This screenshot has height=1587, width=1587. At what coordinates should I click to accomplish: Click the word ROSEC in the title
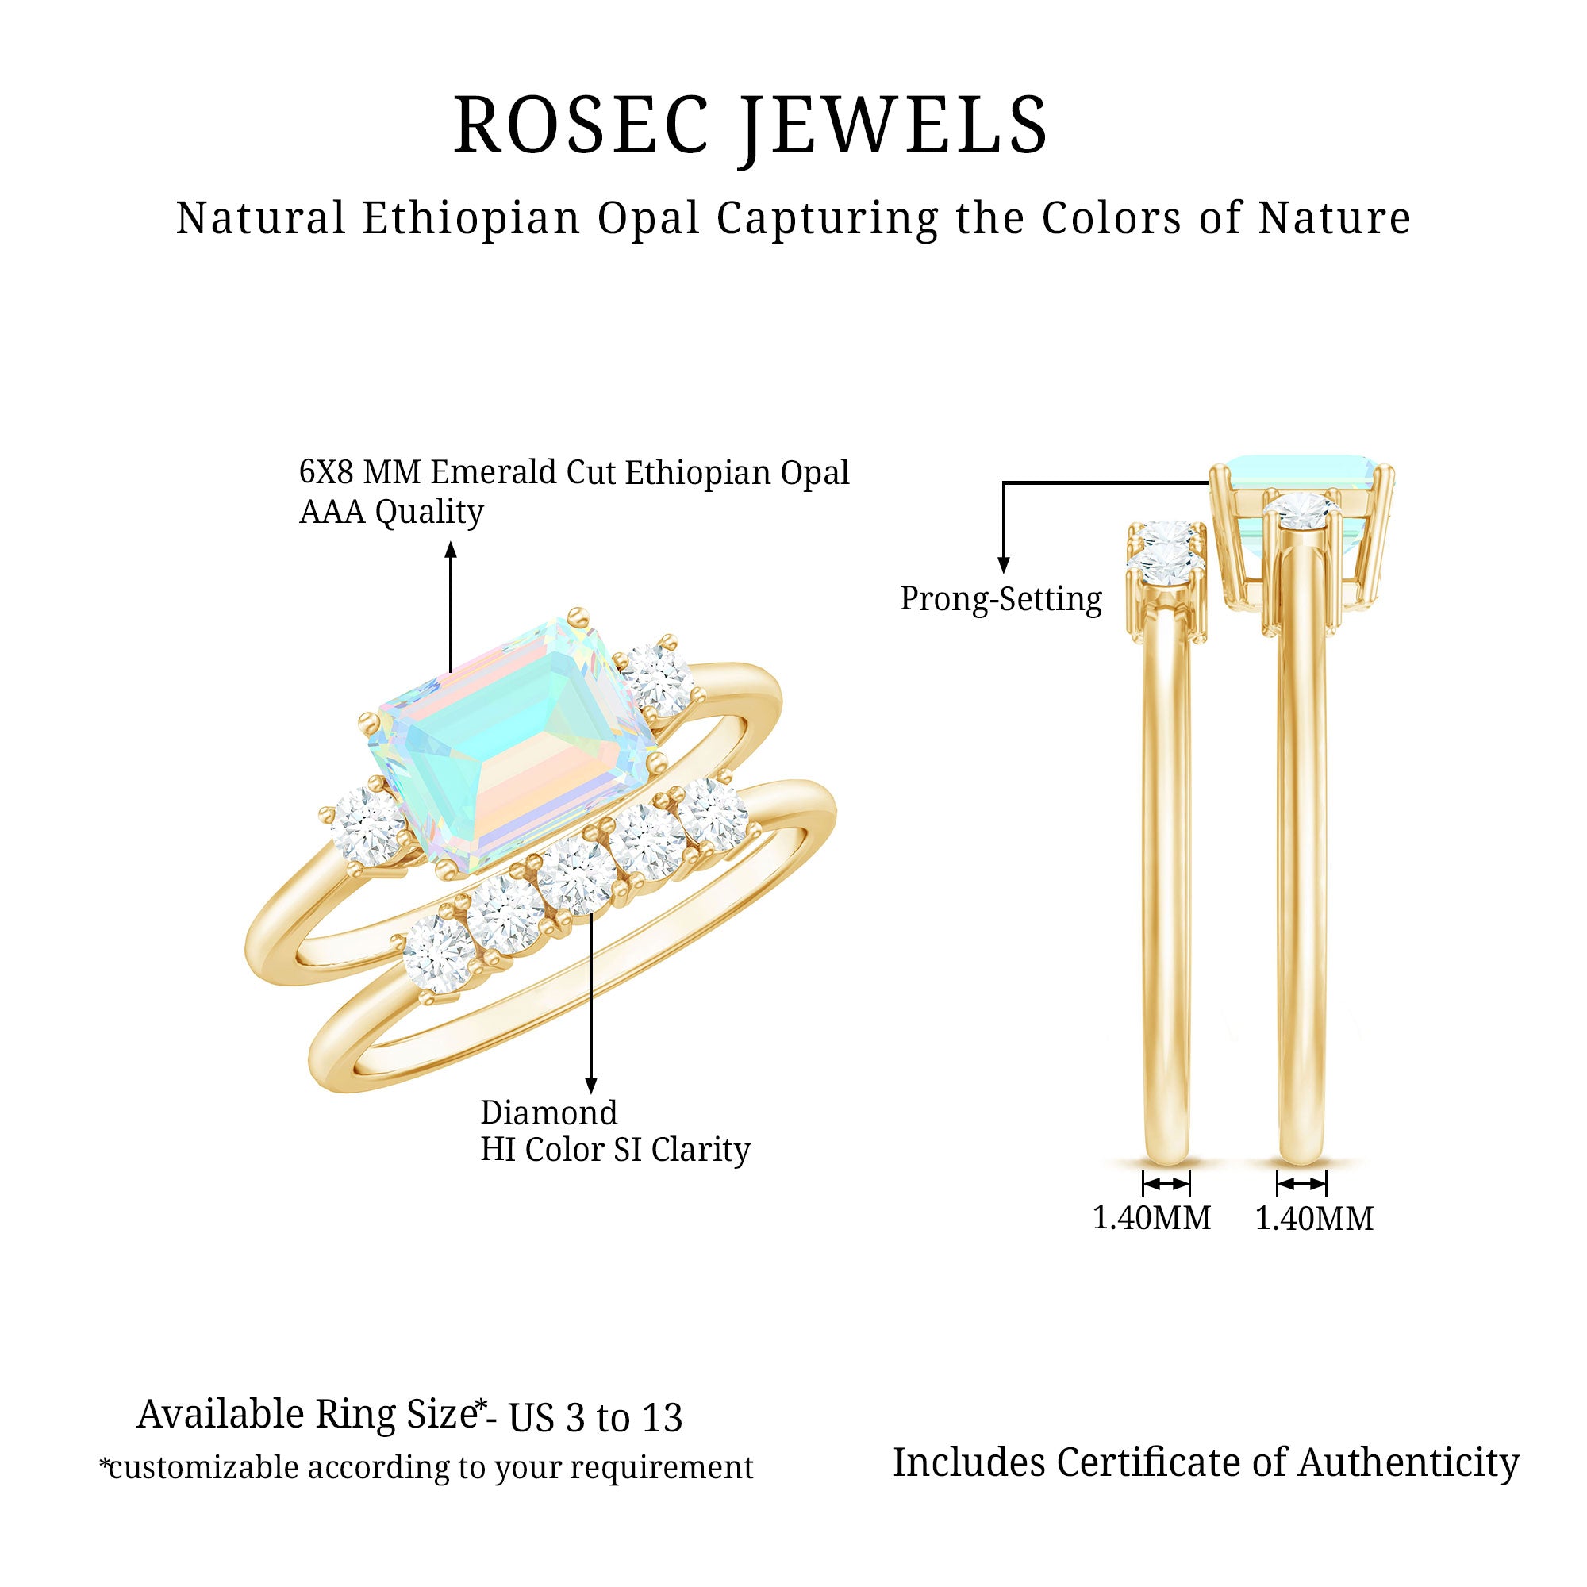(x=581, y=125)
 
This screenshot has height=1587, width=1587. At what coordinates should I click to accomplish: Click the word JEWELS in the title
(x=895, y=125)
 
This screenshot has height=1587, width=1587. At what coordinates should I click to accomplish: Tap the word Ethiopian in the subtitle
(x=471, y=218)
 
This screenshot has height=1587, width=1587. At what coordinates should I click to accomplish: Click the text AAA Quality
(x=391, y=512)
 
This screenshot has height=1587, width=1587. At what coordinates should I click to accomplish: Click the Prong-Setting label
(x=1001, y=599)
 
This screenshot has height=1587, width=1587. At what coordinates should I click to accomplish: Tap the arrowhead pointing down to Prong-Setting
(x=1003, y=564)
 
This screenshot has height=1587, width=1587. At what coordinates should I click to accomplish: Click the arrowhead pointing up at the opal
(x=450, y=550)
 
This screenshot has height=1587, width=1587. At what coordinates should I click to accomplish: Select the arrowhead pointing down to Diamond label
(x=590, y=1086)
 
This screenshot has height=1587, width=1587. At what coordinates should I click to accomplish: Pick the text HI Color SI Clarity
(x=615, y=1150)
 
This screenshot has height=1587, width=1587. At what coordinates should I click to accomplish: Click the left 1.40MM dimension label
(x=1151, y=1218)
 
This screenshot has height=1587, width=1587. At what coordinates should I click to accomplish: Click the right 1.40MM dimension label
(x=1314, y=1218)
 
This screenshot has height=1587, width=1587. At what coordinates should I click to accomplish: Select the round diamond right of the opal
(x=657, y=679)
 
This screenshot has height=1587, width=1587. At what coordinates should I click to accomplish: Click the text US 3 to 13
(x=594, y=1419)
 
